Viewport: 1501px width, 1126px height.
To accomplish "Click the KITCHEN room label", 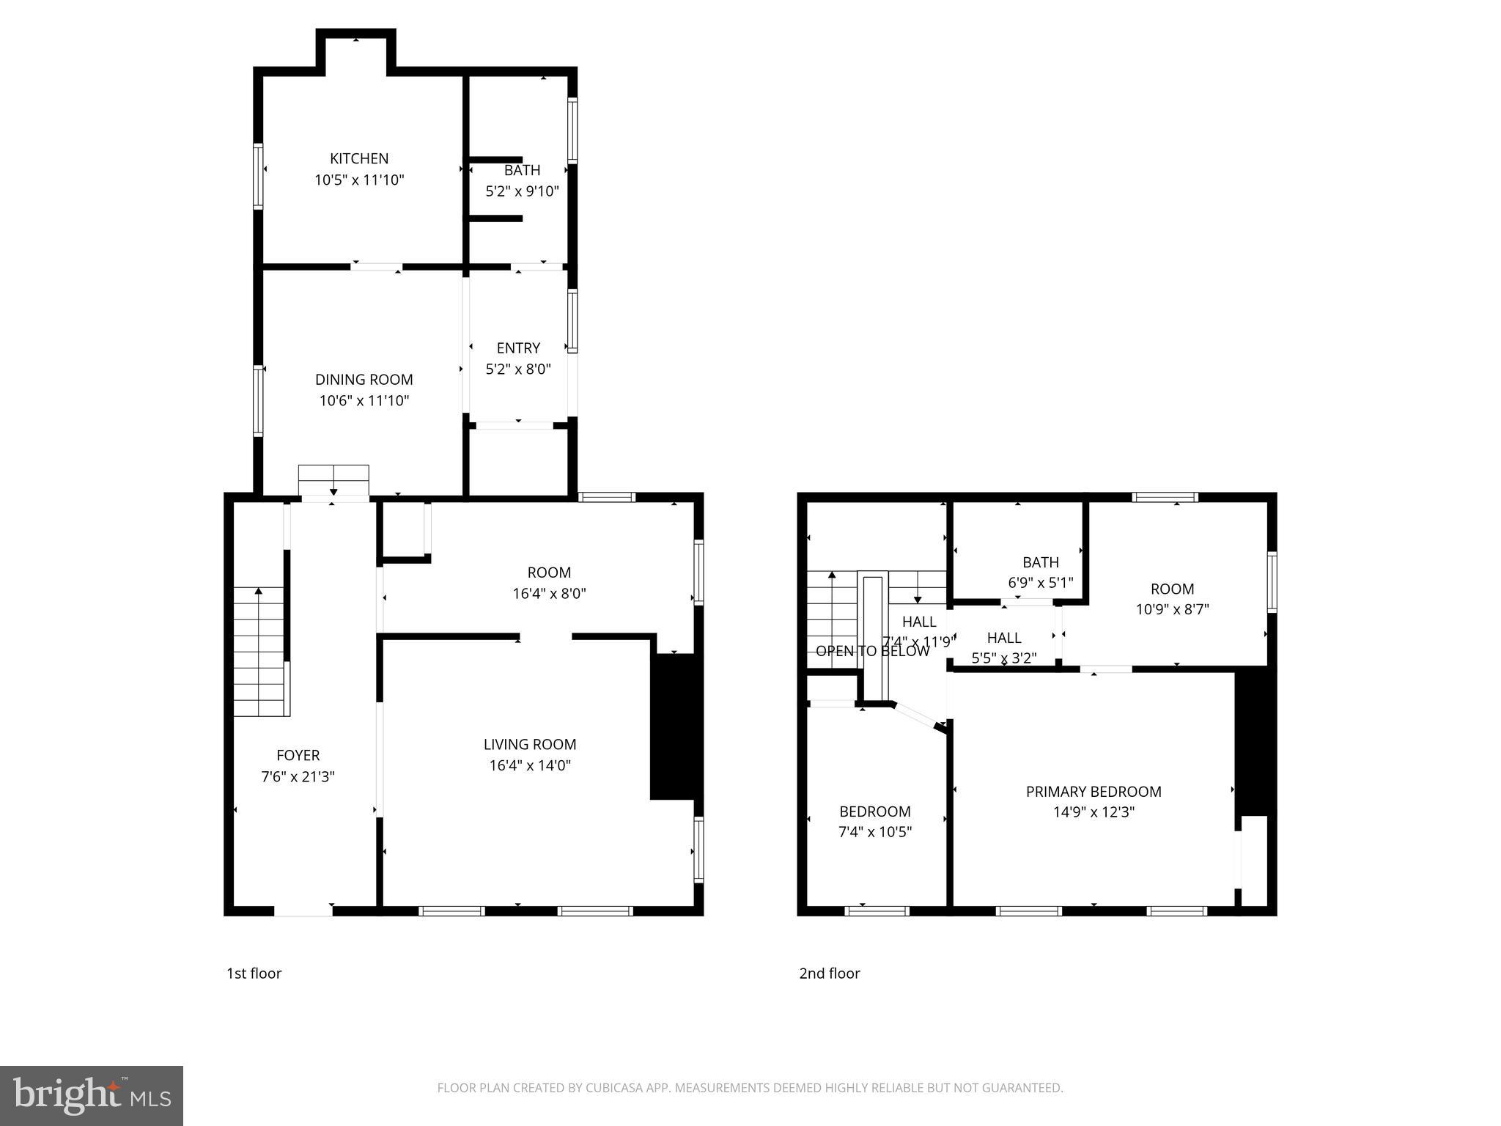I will [358, 158].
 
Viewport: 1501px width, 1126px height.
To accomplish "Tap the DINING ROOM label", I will [364, 380].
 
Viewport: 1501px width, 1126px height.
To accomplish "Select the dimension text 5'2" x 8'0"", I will [518, 369].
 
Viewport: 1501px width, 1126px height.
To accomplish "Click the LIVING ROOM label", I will [530, 745].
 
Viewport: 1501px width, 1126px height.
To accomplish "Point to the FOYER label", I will [298, 755].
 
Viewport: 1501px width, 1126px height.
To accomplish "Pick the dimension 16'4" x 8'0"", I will [549, 594].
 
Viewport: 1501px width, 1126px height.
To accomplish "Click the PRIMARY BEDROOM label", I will [1094, 792].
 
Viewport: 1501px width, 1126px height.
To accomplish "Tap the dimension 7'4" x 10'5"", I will [874, 832].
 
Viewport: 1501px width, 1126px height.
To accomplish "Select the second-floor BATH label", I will [1040, 562].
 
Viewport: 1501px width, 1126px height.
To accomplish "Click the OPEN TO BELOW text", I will [872, 651].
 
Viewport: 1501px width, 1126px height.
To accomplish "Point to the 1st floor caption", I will [254, 974].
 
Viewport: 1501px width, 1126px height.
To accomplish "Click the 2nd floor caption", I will [829, 974].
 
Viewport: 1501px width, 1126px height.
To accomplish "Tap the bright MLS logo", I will [92, 1095].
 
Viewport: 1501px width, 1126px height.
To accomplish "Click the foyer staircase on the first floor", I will [259, 652].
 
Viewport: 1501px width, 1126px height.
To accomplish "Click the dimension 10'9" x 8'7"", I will [1172, 609].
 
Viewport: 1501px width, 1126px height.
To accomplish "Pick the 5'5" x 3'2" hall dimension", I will [1003, 658].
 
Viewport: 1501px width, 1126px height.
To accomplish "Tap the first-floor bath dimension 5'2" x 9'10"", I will [522, 192].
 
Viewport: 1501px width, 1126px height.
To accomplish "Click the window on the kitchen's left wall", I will [258, 176].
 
